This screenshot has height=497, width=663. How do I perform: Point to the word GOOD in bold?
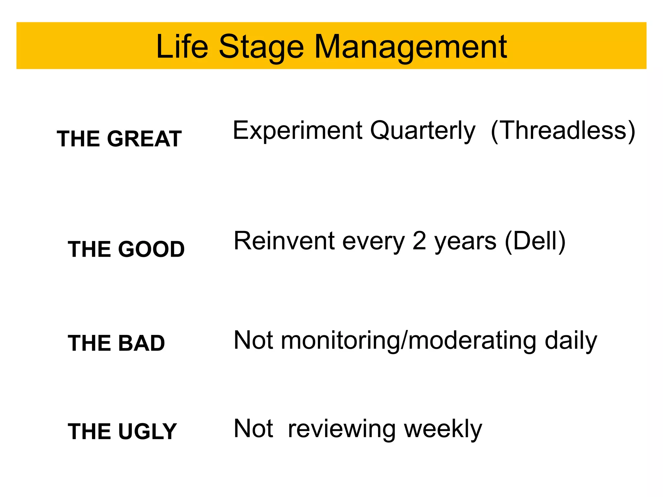(151, 249)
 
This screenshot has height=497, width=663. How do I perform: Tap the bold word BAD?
(141, 343)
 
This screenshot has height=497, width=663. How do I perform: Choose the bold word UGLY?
(147, 431)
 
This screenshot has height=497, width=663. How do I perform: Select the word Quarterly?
(423, 131)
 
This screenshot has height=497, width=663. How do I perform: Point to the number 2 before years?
(419, 241)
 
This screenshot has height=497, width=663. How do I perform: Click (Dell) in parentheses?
(535, 241)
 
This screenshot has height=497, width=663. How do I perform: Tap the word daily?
(571, 341)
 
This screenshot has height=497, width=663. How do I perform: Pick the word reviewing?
(342, 429)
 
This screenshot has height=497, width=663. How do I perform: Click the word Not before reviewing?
(253, 428)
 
